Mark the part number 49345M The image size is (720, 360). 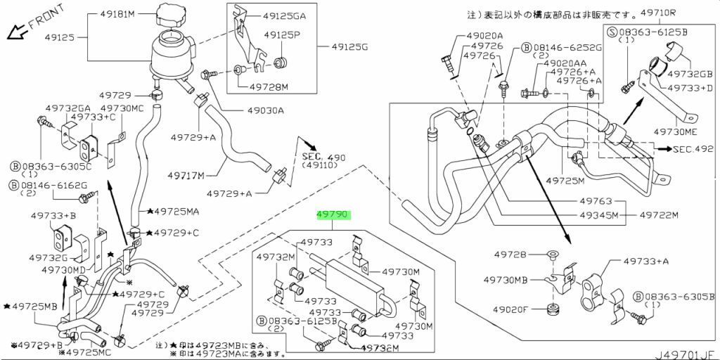[598, 215]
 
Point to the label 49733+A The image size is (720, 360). [645, 262]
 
